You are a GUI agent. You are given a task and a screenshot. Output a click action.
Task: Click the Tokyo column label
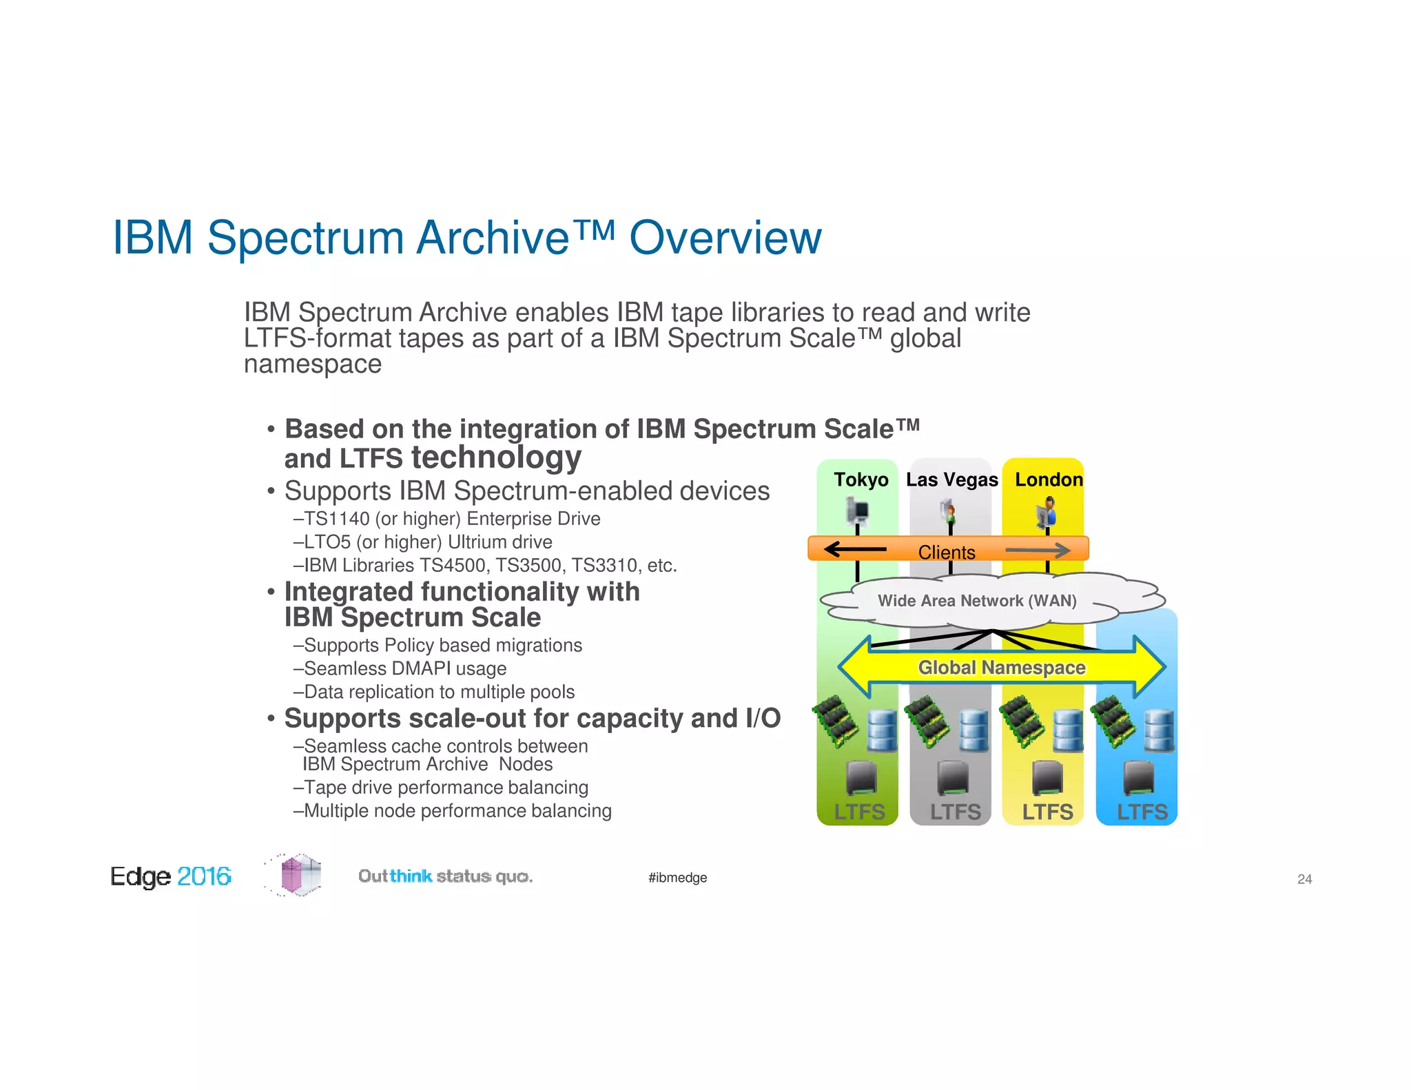tap(861, 480)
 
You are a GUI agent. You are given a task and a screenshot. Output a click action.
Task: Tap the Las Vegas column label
tap(951, 480)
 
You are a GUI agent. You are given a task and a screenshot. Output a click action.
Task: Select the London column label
tap(1049, 480)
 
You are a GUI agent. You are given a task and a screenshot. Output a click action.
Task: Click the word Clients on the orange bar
tap(946, 552)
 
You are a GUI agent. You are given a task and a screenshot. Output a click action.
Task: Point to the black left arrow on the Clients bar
tap(854, 549)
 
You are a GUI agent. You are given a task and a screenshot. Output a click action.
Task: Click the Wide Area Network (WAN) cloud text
tap(976, 600)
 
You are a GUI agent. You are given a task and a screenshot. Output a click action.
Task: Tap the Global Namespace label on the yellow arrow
tap(1001, 667)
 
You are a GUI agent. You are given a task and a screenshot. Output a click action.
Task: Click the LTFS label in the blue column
tap(1142, 812)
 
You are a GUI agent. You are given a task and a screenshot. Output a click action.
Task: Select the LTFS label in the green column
tap(859, 812)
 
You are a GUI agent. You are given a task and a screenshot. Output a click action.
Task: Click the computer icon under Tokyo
tap(858, 511)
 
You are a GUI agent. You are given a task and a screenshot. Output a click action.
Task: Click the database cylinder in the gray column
tap(974, 730)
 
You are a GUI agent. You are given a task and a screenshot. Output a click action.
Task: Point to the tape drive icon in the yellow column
tap(1047, 778)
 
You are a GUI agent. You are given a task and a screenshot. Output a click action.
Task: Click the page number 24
tap(1304, 879)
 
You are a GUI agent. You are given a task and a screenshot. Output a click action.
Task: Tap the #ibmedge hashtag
tap(677, 878)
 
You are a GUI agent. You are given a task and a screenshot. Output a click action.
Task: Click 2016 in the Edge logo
tap(204, 876)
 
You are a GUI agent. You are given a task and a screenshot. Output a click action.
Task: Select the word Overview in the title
tap(725, 238)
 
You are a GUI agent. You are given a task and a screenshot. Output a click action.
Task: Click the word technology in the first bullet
tap(496, 457)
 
